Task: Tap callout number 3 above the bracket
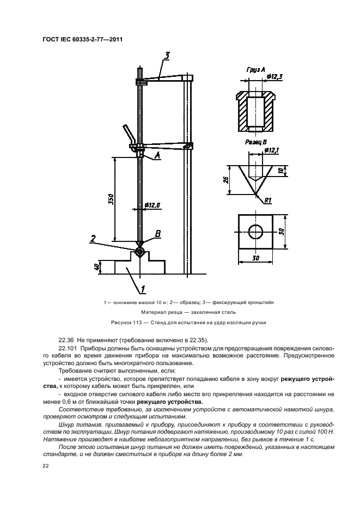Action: (167, 55)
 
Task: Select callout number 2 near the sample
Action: (94, 238)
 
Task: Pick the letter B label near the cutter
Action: (158, 234)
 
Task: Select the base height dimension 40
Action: (96, 267)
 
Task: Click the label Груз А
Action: (255, 70)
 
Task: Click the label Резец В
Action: (255, 142)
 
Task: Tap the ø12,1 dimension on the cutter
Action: (271, 150)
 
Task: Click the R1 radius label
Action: (267, 201)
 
